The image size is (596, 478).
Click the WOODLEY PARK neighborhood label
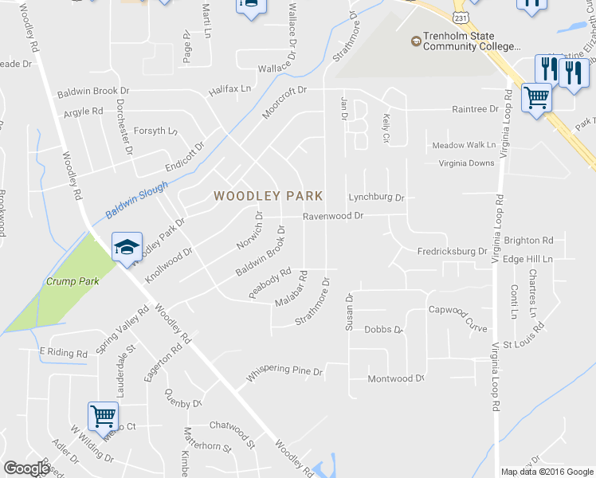tap(268, 196)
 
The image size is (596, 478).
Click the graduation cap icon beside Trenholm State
tap(415, 41)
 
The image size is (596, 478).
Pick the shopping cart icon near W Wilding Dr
tap(104, 415)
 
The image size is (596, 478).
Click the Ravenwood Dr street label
tap(332, 216)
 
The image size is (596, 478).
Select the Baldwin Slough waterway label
tap(137, 200)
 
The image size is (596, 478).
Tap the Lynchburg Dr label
tap(377, 197)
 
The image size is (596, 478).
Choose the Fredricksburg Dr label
tap(452, 251)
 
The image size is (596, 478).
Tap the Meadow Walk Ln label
tap(464, 145)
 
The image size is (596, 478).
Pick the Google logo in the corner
tap(26, 468)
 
